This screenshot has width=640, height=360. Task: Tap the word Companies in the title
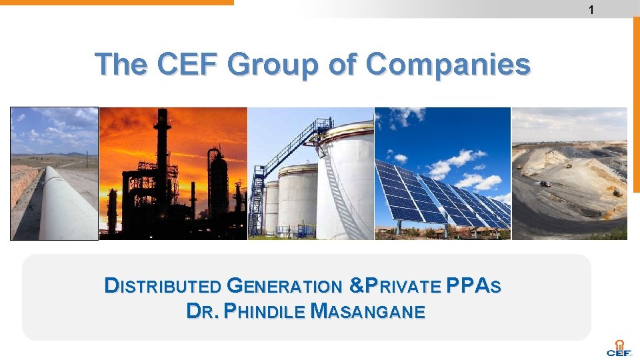click(x=448, y=65)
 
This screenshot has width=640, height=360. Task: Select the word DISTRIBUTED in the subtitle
click(x=163, y=286)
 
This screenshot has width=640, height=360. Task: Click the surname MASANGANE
click(x=368, y=311)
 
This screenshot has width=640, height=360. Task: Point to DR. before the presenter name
click(x=201, y=311)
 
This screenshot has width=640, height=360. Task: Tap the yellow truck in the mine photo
click(x=519, y=166)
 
